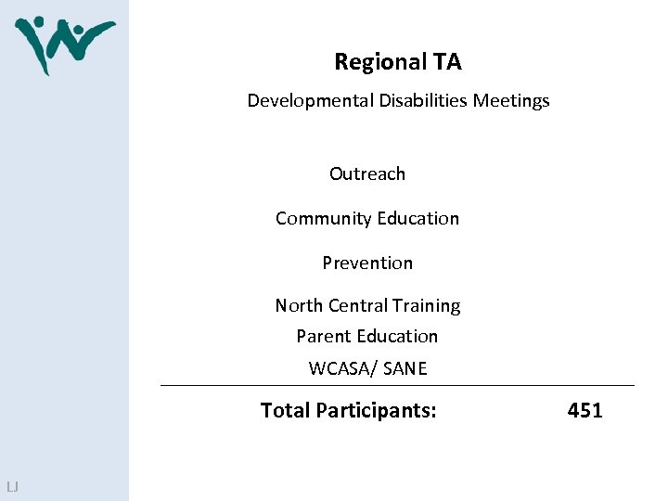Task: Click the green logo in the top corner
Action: click(x=63, y=44)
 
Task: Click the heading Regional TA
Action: click(x=397, y=62)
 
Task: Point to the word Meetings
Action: click(x=511, y=101)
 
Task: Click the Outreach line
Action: click(x=367, y=174)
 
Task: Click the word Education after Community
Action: click(x=416, y=219)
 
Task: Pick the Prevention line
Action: click(x=367, y=263)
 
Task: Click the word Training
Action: click(x=426, y=306)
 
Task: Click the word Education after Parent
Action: click(x=397, y=337)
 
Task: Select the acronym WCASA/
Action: click(x=342, y=369)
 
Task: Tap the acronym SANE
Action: click(x=405, y=369)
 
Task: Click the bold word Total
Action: click(x=286, y=410)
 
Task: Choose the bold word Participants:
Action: click(x=376, y=411)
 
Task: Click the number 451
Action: click(x=584, y=410)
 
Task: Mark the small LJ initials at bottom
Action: click(x=12, y=487)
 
